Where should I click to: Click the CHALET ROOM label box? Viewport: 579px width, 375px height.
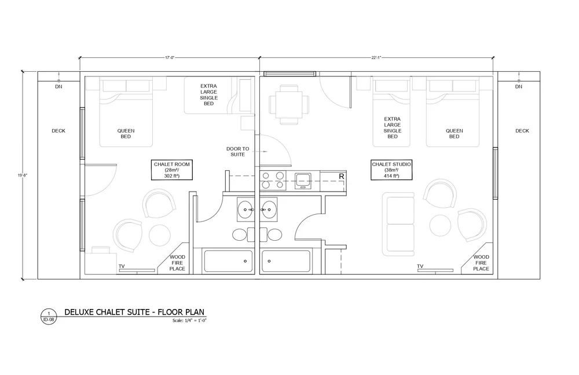pyautogui.click(x=172, y=170)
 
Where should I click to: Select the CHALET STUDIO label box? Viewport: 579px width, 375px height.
pyautogui.click(x=391, y=170)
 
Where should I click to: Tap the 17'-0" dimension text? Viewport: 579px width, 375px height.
pyautogui.click(x=170, y=57)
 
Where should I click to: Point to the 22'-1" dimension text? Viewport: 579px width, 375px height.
pyautogui.click(x=376, y=57)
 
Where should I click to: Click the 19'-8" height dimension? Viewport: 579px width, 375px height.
pyautogui.click(x=23, y=175)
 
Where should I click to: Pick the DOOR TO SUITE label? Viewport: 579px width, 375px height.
pyautogui.click(x=238, y=152)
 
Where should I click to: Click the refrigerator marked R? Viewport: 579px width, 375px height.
pyautogui.click(x=333, y=181)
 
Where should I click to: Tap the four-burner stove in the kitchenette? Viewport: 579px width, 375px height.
pyautogui.click(x=273, y=181)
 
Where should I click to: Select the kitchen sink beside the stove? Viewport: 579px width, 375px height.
pyautogui.click(x=303, y=181)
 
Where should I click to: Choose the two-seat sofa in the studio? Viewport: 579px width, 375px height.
pyautogui.click(x=398, y=224)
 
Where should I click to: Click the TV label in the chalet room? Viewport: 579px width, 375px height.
pyautogui.click(x=122, y=266)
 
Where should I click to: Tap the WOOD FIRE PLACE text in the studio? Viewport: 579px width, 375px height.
pyautogui.click(x=481, y=263)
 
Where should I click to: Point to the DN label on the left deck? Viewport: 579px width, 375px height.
pyautogui.click(x=58, y=87)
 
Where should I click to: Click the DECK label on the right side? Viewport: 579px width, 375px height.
pyautogui.click(x=522, y=131)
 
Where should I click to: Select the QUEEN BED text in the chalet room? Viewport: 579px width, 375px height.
pyautogui.click(x=126, y=134)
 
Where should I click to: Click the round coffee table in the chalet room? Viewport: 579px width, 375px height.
pyautogui.click(x=160, y=235)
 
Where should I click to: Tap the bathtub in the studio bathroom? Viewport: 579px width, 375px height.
pyautogui.click(x=286, y=261)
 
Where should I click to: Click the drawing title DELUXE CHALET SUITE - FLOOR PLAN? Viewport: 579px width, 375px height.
pyautogui.click(x=134, y=312)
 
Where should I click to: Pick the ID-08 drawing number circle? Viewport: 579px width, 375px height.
pyautogui.click(x=49, y=317)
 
